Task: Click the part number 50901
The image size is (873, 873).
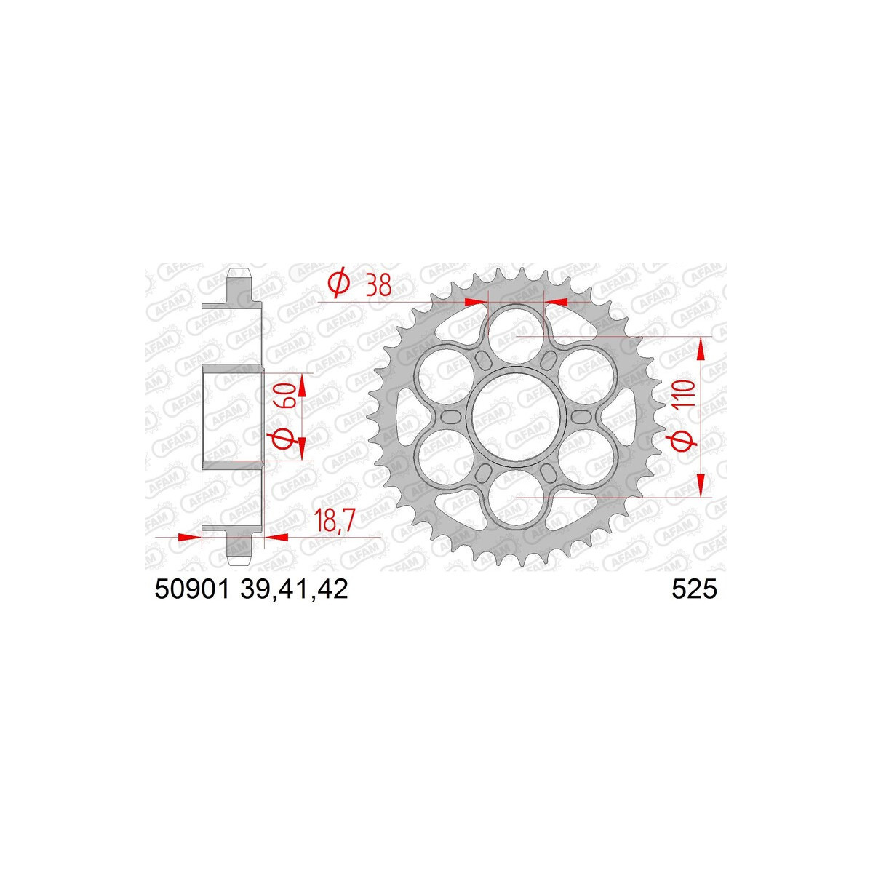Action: [x=191, y=590]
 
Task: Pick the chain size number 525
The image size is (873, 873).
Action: [x=694, y=590]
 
